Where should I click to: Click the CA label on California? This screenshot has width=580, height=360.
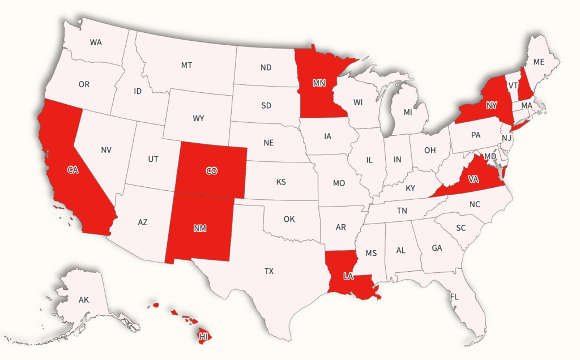(x=72, y=170)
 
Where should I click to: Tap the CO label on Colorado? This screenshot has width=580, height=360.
(x=211, y=170)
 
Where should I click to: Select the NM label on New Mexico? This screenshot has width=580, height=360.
(x=199, y=229)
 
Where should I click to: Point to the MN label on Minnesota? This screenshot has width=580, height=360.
(x=319, y=83)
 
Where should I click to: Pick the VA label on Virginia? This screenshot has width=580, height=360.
(x=474, y=179)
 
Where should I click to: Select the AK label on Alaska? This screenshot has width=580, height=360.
(x=84, y=299)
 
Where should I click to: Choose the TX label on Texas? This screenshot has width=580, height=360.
(x=269, y=271)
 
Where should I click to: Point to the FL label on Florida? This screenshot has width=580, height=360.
(x=454, y=296)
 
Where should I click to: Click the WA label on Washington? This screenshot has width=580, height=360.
(x=96, y=42)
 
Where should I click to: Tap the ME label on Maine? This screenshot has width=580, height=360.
(x=539, y=62)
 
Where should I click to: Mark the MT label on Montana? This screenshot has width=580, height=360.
(x=186, y=65)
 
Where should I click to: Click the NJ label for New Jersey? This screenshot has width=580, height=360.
(x=507, y=138)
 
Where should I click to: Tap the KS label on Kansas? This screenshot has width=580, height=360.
(x=281, y=182)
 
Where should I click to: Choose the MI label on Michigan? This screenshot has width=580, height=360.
(x=408, y=112)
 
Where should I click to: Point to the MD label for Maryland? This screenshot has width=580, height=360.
(x=491, y=156)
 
